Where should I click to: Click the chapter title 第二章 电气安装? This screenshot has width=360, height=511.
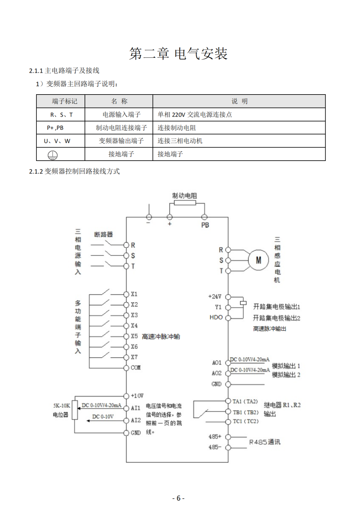coord(178,54)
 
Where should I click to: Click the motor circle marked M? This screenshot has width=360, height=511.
coord(258,260)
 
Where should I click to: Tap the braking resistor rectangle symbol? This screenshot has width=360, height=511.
coord(185,203)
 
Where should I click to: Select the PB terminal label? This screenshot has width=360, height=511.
coord(205,225)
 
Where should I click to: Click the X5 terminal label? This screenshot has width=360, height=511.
coord(134,336)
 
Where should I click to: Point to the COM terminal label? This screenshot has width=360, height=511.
coord(136,368)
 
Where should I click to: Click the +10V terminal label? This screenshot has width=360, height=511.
coord(137,396)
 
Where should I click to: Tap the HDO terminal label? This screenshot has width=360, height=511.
coord(216,317)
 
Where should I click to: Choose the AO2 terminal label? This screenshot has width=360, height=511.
coord(217,373)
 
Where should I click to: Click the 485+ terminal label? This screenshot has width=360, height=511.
coord(215,437)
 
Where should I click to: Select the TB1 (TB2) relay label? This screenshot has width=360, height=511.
coord(245,412)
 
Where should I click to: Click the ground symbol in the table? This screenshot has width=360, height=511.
coord(53,155)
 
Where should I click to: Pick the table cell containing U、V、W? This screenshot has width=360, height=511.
coord(57,141)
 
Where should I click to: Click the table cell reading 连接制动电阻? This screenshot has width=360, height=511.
coord(176,128)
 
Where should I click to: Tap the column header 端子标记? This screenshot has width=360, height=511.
coord(64,101)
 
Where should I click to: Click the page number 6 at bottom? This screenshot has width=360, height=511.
coord(178,498)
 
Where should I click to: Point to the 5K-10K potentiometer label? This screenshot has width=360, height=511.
coord(62,406)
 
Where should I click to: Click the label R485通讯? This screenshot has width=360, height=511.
coord(265,442)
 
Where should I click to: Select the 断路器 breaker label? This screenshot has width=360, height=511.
coord(103,234)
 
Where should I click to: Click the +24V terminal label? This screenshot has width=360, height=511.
coord(215,296)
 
